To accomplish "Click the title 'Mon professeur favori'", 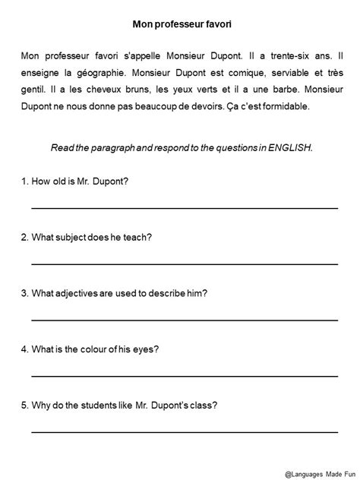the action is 179,25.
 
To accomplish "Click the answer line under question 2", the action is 185,264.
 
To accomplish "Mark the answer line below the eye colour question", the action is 185,375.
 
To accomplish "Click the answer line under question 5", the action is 185,431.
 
